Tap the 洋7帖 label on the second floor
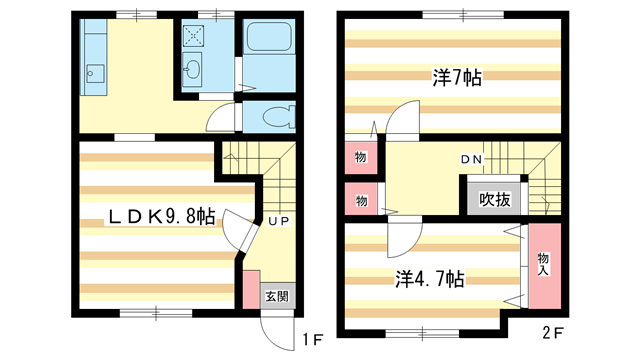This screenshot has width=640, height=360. point(457,77)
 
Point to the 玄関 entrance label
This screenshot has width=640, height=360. point(277,296)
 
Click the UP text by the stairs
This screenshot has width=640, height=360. point(278,221)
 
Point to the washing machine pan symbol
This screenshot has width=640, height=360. point(193,35)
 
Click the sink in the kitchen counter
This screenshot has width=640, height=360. point(96,72)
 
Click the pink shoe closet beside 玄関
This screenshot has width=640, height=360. point(250,288)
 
